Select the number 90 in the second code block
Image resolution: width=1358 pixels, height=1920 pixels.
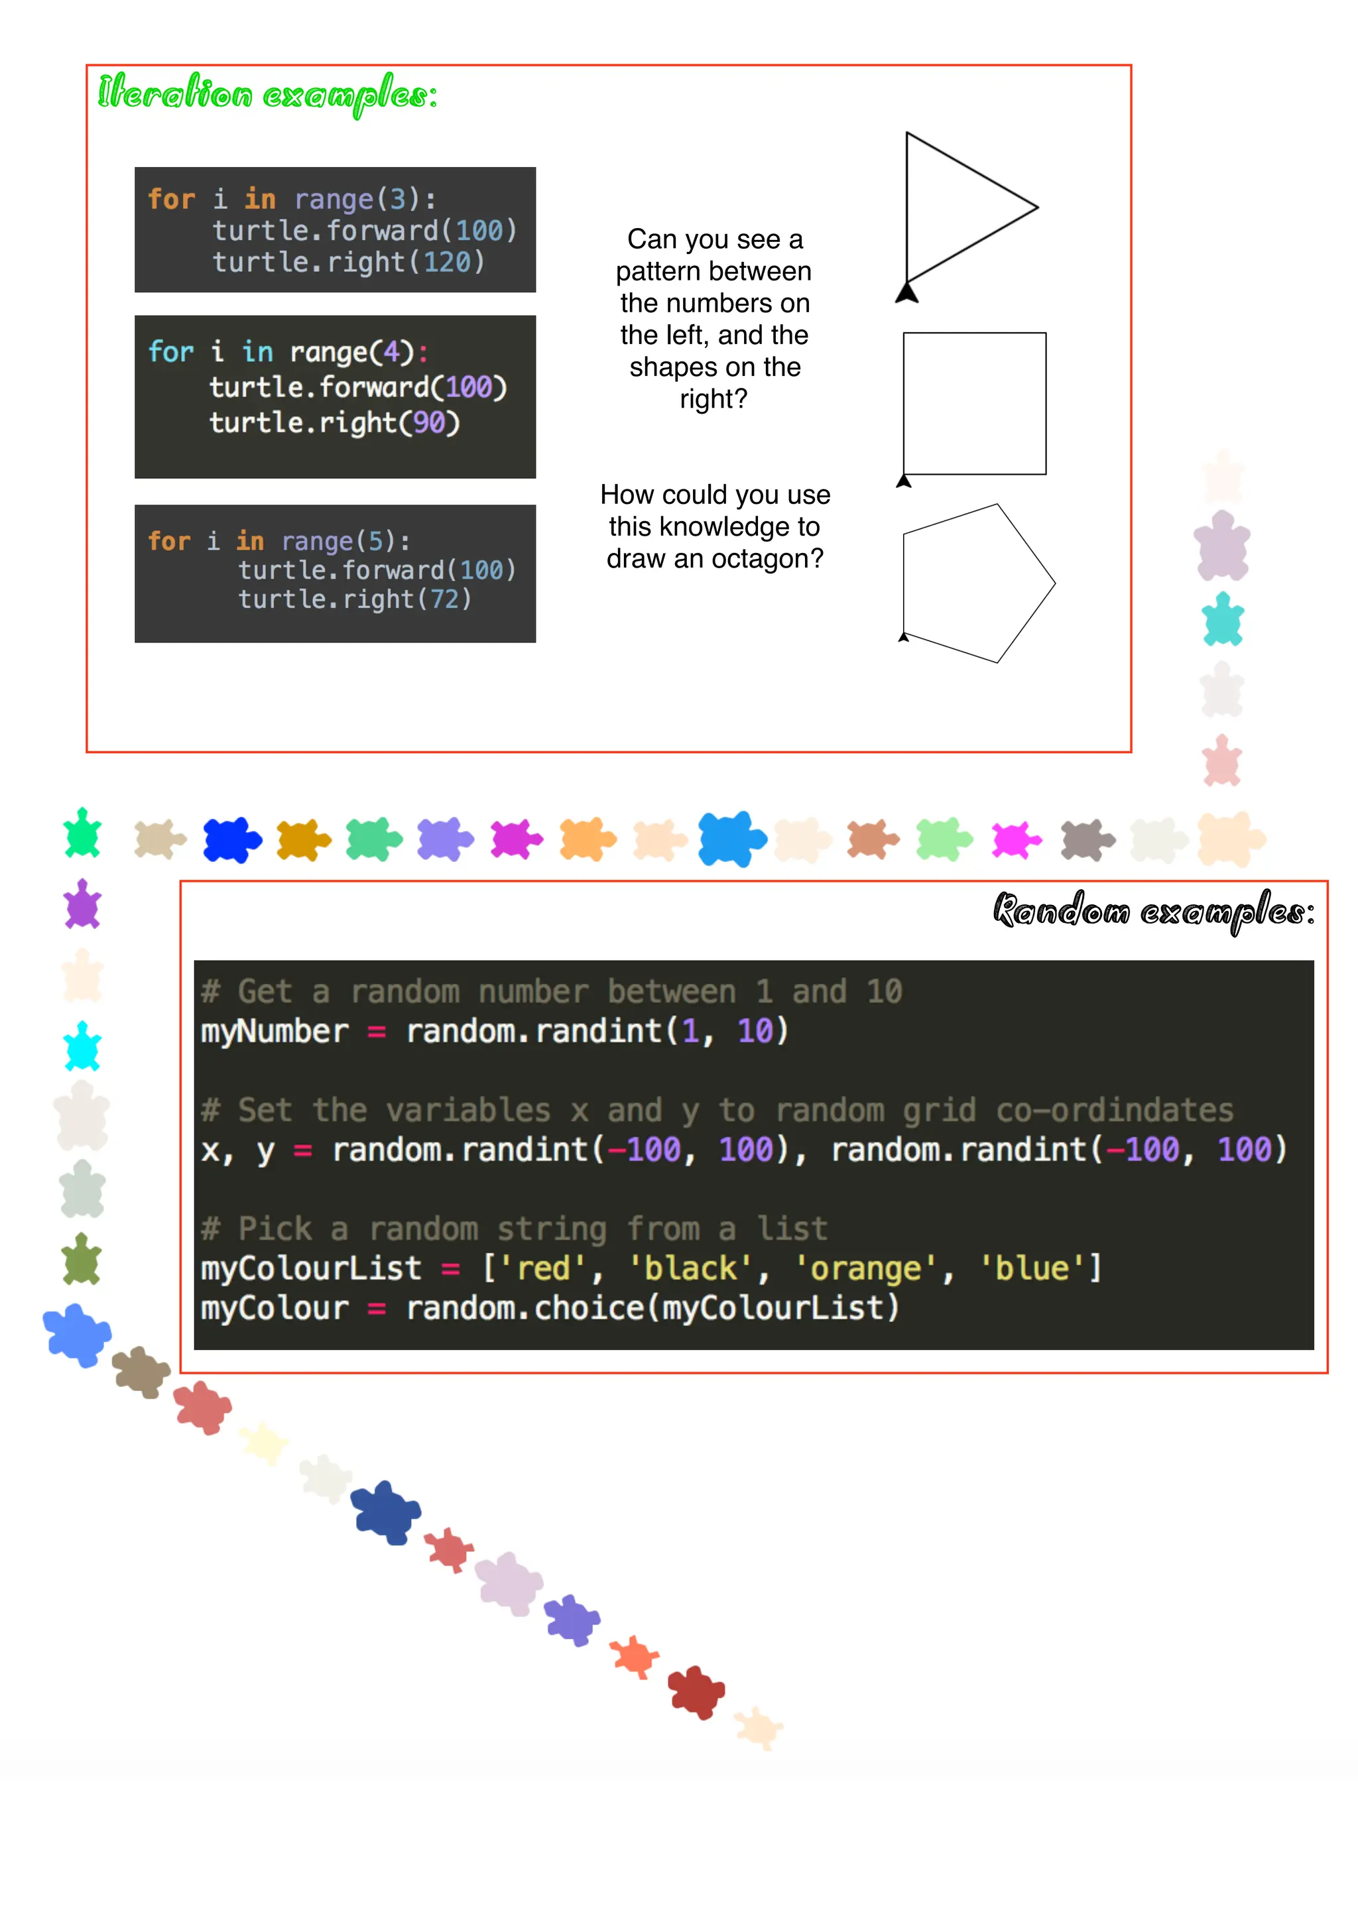(x=429, y=423)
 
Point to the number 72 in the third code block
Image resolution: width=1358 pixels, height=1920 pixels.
(x=445, y=599)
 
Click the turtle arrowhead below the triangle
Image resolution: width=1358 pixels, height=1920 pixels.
(x=906, y=292)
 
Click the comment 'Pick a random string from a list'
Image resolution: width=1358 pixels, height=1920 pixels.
(x=515, y=1229)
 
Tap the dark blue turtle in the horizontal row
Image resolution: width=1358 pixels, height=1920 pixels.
(x=231, y=839)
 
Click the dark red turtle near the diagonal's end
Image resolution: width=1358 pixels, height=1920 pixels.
(x=696, y=1692)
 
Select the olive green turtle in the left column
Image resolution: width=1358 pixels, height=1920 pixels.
(x=82, y=1260)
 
